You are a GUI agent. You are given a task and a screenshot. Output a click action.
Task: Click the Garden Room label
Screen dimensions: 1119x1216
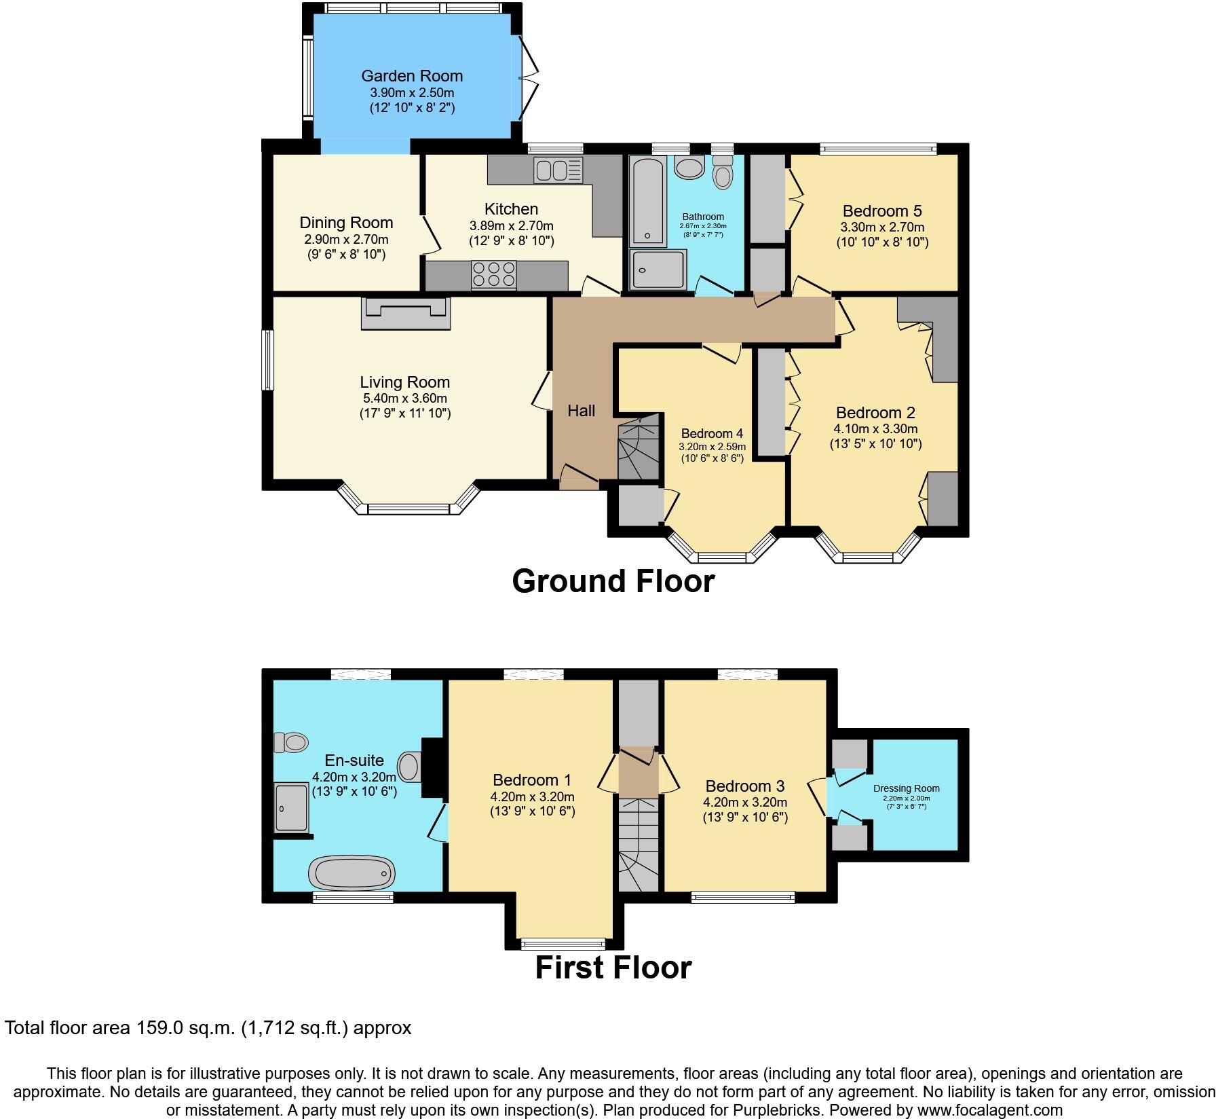click(x=411, y=76)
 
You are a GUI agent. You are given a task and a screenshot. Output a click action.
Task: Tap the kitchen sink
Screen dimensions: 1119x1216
click(x=558, y=170)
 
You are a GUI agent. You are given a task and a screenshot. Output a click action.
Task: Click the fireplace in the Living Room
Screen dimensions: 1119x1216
click(x=406, y=313)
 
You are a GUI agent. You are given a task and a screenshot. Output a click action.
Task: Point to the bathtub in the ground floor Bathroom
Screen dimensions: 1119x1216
click(x=649, y=201)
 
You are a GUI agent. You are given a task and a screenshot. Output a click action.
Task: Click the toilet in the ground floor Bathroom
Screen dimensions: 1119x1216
click(x=723, y=172)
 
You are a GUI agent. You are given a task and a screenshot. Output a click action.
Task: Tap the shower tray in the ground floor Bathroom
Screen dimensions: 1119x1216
click(x=658, y=270)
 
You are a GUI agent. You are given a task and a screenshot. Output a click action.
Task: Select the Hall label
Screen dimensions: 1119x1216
click(x=582, y=410)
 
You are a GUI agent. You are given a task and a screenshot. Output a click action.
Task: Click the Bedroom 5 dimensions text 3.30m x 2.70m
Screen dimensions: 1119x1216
click(x=882, y=227)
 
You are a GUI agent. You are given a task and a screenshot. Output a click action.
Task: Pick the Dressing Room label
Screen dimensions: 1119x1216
click(x=906, y=788)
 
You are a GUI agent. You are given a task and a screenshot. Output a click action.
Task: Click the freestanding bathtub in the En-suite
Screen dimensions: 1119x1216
click(x=351, y=872)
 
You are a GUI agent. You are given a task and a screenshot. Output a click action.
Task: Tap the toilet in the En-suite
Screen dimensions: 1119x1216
click(x=290, y=742)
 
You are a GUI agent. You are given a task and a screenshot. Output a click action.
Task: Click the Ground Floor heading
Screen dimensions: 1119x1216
click(x=613, y=581)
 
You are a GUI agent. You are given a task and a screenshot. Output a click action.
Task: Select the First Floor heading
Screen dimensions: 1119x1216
click(x=613, y=968)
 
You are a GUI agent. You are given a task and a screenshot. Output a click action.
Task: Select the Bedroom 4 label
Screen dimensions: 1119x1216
click(x=712, y=433)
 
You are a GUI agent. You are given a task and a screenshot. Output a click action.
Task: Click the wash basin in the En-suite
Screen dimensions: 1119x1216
click(x=408, y=767)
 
